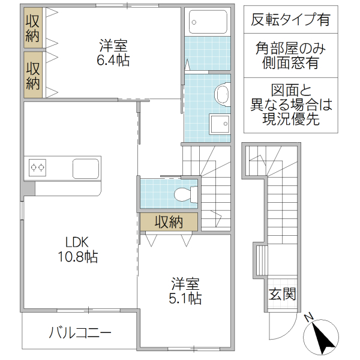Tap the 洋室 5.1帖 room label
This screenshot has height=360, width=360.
click(x=186, y=290)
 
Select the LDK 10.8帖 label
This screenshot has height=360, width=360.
click(x=77, y=250)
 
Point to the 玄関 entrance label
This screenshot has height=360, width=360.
click(x=281, y=295)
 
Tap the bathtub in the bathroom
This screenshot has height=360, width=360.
click(x=207, y=22)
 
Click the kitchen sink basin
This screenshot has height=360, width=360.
click(x=86, y=168)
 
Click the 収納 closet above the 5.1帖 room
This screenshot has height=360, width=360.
click(x=168, y=222)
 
